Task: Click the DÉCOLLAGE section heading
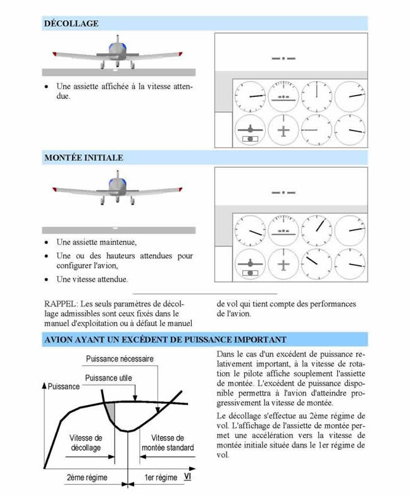(x=71, y=24)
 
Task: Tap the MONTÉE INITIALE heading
(x=84, y=158)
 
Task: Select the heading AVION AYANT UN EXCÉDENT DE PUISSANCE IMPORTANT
(x=165, y=339)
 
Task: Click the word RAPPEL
(x=61, y=304)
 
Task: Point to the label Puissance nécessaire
(x=120, y=360)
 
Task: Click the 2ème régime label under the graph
(x=86, y=477)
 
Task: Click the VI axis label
(x=188, y=475)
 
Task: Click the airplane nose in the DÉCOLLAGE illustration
(x=115, y=49)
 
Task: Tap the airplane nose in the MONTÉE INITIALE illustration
(x=115, y=185)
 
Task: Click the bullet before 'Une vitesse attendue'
(x=47, y=279)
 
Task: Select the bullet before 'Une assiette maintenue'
(x=47, y=242)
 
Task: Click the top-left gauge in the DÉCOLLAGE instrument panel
(x=249, y=97)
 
